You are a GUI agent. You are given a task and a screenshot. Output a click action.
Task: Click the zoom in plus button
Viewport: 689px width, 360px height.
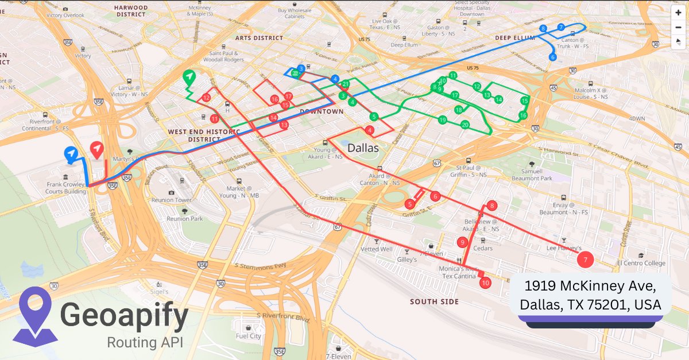click(678, 13)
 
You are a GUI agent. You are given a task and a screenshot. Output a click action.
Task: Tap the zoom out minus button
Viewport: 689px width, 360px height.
click(678, 27)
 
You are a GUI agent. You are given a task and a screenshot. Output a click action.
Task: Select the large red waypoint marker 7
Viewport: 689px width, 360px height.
click(585, 260)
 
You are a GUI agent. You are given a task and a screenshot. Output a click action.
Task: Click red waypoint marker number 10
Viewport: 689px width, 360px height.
click(485, 282)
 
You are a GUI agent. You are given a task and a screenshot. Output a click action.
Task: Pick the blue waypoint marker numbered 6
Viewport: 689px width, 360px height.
click(552, 57)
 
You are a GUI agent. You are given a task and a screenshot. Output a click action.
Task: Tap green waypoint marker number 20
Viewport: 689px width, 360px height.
click(465, 125)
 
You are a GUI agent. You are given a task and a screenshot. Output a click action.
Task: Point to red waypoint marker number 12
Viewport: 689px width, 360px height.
click(206, 98)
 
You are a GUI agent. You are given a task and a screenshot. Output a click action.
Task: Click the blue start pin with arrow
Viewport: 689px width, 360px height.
click(71, 153)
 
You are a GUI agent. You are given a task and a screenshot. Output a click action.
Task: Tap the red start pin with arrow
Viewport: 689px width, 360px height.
click(98, 150)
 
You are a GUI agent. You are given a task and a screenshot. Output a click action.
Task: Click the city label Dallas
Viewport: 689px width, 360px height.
click(363, 148)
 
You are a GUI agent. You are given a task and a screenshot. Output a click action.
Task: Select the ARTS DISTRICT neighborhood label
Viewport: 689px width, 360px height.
click(259, 38)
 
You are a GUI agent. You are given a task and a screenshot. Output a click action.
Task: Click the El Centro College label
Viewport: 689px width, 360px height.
click(641, 263)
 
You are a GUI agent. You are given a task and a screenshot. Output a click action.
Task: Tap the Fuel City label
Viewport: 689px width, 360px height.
click(248, 336)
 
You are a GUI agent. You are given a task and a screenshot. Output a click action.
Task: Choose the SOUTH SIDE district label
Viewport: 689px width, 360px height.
click(435, 301)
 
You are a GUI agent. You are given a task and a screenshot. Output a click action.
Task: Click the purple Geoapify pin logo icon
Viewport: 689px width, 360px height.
click(36, 315)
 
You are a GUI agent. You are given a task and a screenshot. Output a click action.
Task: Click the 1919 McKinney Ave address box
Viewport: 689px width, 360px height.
click(590, 295)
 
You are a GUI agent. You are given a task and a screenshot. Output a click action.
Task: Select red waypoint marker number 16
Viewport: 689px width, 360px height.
click(274, 99)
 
